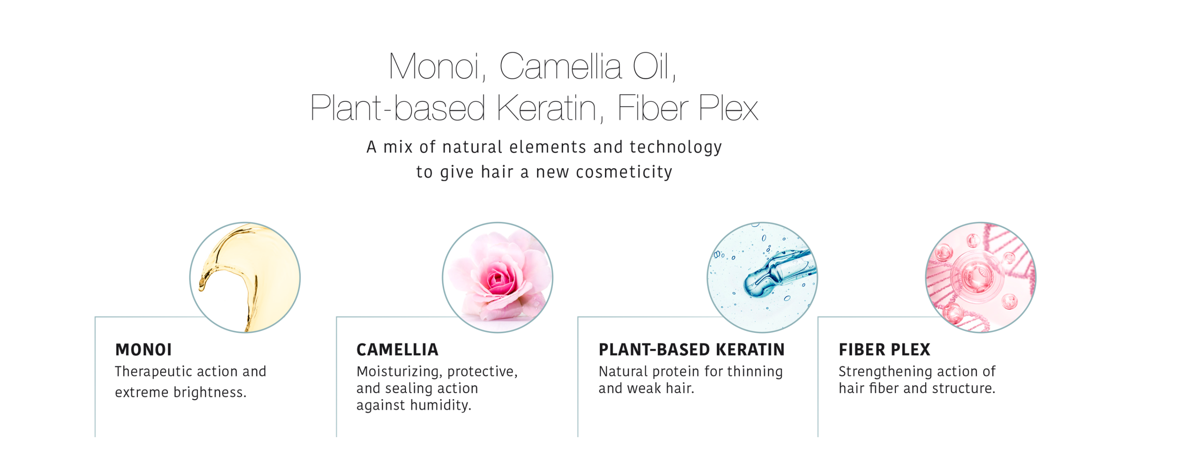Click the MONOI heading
tap(144, 349)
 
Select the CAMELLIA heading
tap(397, 349)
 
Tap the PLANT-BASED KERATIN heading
tap(691, 349)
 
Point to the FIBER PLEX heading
tap(884, 349)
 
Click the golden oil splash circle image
tap(245, 277)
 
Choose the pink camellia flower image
tap(498, 277)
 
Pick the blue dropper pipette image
tap(762, 277)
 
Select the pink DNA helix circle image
tap(981, 277)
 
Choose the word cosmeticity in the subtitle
tap(624, 172)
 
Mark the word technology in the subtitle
tap(676, 147)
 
